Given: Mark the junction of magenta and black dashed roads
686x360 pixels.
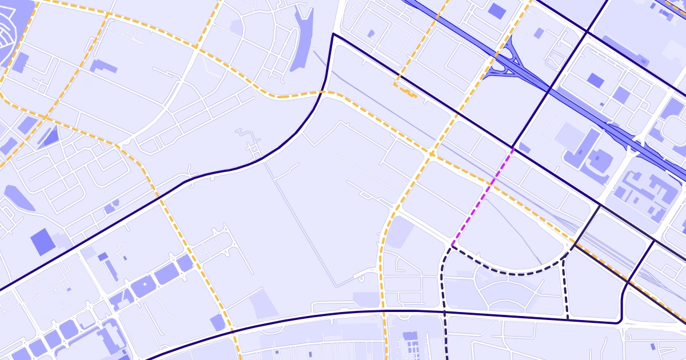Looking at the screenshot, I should pos(452,246).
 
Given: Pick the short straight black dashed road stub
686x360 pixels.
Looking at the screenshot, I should pos(565,289).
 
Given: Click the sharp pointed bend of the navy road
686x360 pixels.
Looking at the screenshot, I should pos(333,34).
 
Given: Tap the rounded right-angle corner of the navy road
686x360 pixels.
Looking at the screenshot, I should pos(621,320).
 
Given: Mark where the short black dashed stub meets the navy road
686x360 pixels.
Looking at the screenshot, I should pos(567,317).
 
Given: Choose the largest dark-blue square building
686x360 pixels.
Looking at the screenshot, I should pos(43,242).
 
